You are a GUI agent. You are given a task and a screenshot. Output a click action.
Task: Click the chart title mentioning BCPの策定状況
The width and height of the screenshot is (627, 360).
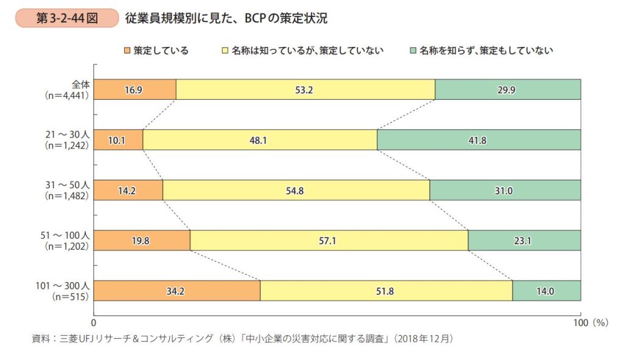tap(226, 19)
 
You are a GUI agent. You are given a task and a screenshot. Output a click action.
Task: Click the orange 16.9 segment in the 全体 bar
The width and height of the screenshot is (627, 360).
tap(135, 90)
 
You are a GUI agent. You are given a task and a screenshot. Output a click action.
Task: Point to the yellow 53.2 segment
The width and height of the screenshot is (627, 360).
tap(305, 90)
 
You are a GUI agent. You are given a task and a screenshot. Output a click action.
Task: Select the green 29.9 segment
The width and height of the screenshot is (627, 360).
tap(508, 90)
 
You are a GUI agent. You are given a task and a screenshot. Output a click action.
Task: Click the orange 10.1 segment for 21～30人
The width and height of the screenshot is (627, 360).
tap(119, 139)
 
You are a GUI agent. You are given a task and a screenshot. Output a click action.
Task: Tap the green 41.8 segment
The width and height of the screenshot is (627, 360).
tap(478, 139)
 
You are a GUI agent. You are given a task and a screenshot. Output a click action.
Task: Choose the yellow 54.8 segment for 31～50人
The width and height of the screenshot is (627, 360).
tap(296, 190)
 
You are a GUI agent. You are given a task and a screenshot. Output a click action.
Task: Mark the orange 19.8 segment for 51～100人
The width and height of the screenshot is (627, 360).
tap(142, 241)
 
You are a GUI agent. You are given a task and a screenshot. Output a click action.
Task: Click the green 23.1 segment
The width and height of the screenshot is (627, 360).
tap(524, 241)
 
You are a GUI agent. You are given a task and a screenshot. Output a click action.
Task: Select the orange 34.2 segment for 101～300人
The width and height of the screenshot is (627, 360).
tap(177, 291)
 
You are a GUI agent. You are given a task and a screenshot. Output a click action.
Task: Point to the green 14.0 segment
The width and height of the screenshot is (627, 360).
tap(546, 291)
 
